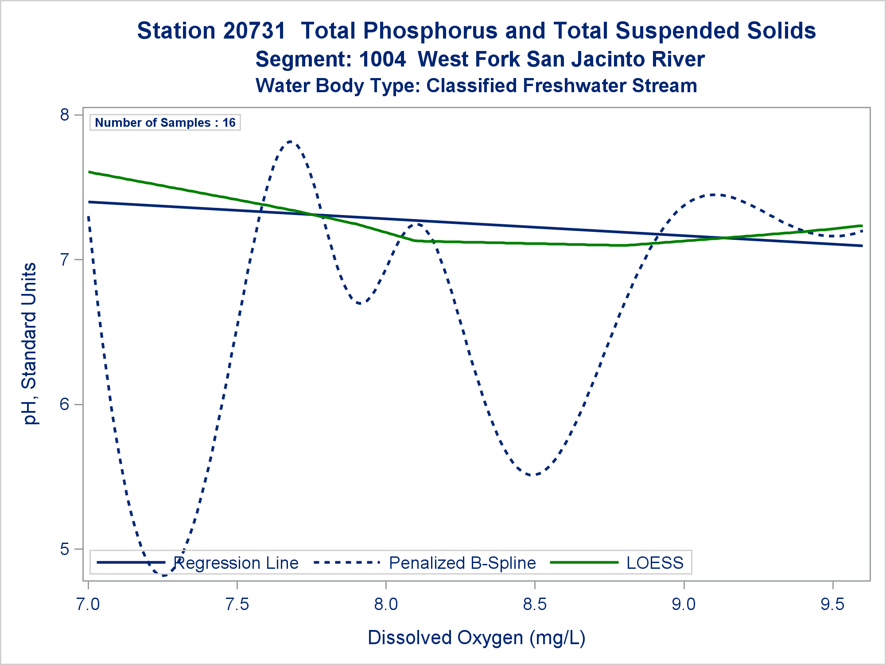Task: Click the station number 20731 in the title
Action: coord(256,31)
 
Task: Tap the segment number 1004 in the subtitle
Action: coord(382,59)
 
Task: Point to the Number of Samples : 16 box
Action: coord(165,122)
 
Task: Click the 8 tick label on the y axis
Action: coord(65,115)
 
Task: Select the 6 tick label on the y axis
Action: coord(65,404)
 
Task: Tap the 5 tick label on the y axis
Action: coord(65,549)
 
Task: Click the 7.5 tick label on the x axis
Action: coord(237,605)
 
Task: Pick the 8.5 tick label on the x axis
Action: coord(535,605)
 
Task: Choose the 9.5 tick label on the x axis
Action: coord(832,605)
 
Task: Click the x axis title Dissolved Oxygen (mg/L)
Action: coord(476,638)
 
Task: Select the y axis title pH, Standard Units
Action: coord(30,344)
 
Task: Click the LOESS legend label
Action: coord(655,563)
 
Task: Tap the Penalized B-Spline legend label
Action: coord(462,563)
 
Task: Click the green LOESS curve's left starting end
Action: coord(89,172)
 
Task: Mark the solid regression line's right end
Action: coord(861,246)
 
